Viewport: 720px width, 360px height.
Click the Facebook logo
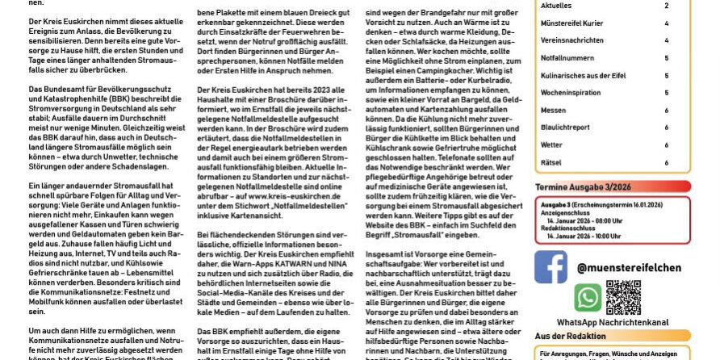[x=550, y=267]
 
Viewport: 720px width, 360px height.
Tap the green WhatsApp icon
[x=587, y=299]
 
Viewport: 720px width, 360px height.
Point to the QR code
[x=622, y=297]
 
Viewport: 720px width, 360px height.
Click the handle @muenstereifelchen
[x=629, y=268]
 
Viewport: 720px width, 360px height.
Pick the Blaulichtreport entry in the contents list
[x=565, y=128]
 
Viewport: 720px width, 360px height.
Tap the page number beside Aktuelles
[x=666, y=6]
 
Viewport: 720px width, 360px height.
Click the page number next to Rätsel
[x=666, y=162]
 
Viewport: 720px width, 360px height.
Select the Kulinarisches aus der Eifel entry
[x=584, y=75]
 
